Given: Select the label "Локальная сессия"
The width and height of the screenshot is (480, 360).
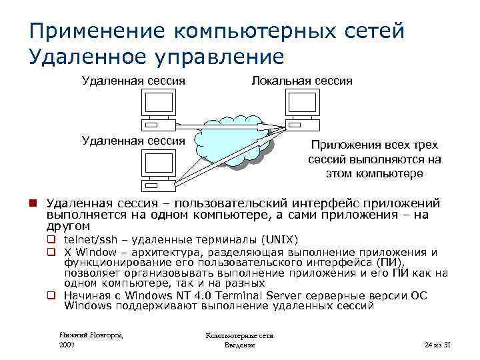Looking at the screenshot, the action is [301, 81].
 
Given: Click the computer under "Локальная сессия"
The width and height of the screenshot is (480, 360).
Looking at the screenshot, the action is [303, 109].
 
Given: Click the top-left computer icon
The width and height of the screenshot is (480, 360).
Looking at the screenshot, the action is [159, 109].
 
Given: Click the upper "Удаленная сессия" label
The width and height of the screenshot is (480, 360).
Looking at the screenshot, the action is [133, 81].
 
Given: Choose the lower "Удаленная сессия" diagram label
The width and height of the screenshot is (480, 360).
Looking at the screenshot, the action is [133, 140].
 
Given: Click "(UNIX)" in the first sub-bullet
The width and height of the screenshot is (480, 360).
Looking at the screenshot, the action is [281, 240].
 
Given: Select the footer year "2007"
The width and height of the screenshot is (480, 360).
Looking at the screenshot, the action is [67, 345].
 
